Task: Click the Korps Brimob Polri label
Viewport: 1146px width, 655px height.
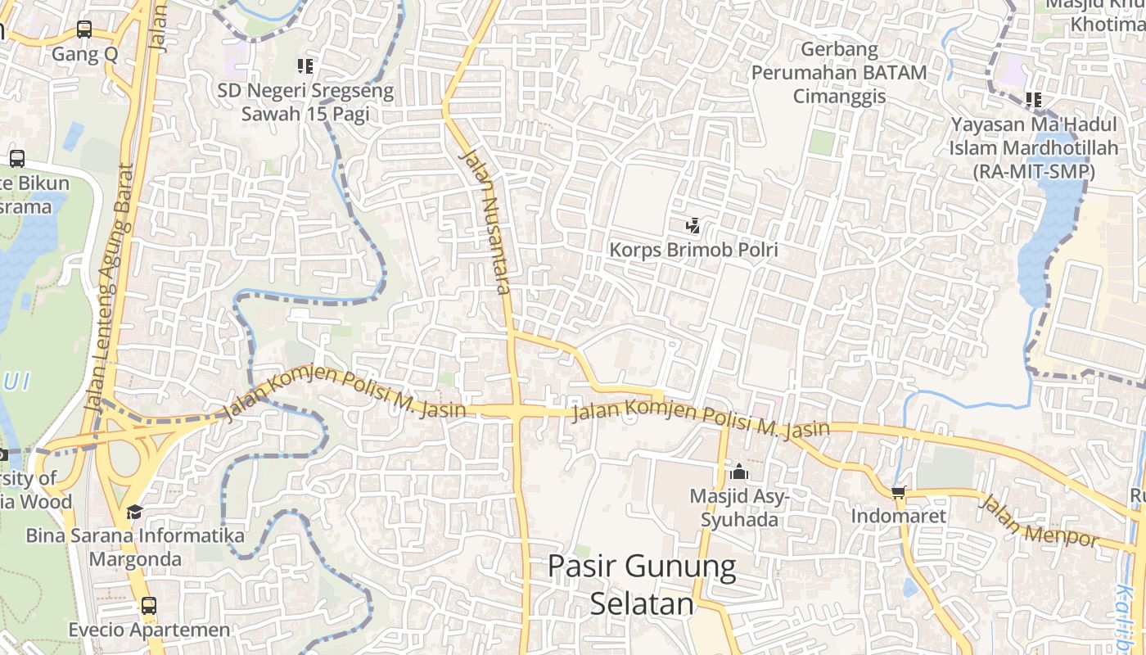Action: coord(693,249)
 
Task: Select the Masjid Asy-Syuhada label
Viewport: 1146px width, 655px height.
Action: coord(738,508)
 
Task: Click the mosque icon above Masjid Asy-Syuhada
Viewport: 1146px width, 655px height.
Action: coord(739,472)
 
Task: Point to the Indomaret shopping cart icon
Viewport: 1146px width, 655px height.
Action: coord(898,492)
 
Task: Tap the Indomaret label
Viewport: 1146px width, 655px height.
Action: coord(898,516)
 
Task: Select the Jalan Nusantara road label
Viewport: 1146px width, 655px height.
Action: coord(486,221)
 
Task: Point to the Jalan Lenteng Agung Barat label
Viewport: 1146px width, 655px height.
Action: coord(109,287)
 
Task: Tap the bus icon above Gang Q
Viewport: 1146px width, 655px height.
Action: coord(84,30)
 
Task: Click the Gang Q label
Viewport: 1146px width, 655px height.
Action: coord(85,54)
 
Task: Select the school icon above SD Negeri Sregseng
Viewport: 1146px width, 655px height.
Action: coord(305,66)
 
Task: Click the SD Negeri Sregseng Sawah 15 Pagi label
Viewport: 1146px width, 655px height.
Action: coord(305,102)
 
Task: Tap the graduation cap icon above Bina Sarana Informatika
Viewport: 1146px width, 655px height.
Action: coord(134,512)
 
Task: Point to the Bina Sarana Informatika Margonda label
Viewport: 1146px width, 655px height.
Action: coord(135,548)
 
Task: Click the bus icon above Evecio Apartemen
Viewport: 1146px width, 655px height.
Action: coord(148,607)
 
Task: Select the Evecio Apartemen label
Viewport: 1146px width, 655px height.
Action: coord(149,630)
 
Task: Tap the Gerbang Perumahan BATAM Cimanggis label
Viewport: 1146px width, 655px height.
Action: coord(839,72)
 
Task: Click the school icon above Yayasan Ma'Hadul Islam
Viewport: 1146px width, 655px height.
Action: coord(1034,101)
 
